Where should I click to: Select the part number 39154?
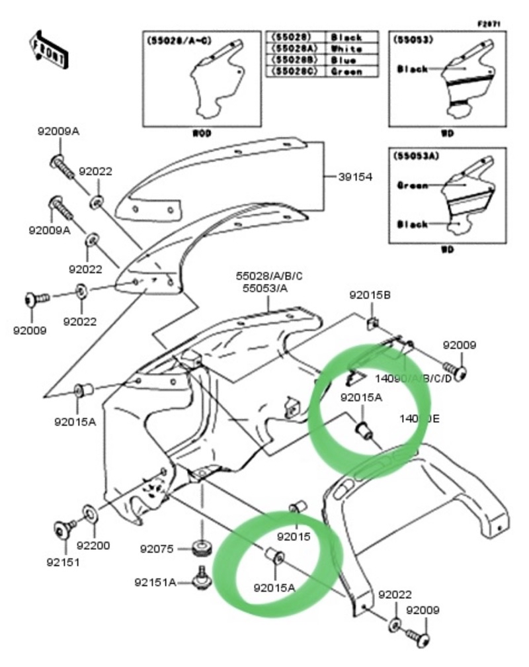click(356, 177)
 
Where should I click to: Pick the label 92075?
click(157, 549)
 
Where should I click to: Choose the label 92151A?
click(155, 582)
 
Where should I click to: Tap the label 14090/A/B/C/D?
click(413, 378)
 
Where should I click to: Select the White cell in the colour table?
click(346, 49)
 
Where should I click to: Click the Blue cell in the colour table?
click(346, 60)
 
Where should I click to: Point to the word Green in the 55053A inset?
click(412, 185)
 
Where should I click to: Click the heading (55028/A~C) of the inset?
click(175, 41)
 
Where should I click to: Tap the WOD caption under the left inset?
click(202, 133)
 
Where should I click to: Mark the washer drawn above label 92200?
click(88, 513)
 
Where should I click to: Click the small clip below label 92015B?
click(373, 323)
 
